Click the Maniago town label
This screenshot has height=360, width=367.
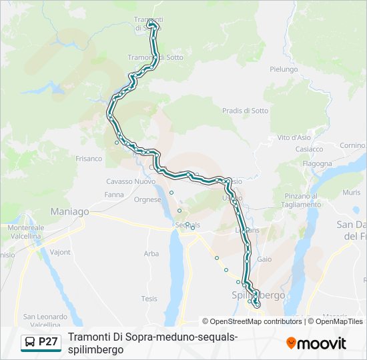click(70, 211)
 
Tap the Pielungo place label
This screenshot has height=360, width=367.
click(283, 69)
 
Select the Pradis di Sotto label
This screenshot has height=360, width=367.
click(245, 111)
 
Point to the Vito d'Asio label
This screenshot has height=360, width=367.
click(294, 137)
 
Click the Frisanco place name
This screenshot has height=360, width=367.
click(89, 159)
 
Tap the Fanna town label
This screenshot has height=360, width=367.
click(113, 195)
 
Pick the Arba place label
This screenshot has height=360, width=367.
click(151, 253)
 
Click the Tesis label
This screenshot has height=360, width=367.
click(149, 299)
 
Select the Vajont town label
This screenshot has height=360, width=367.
click(60, 253)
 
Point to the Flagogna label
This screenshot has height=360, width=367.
click(317, 163)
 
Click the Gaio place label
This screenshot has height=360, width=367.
click(264, 259)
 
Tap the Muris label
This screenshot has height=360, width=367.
click(352, 192)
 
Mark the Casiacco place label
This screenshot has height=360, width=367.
click(309, 149)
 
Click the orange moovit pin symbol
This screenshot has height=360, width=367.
click(291, 343)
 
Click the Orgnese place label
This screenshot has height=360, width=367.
click(147, 199)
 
